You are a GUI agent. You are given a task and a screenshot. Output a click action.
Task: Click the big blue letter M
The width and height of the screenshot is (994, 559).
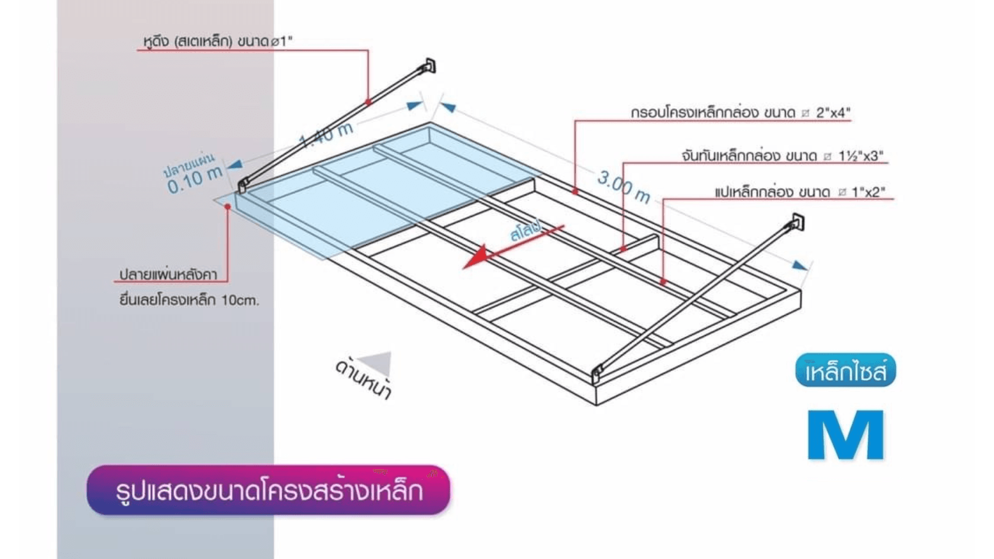[x=846, y=435]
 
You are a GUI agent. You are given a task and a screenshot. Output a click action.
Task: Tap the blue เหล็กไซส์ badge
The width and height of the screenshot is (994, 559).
[x=845, y=370]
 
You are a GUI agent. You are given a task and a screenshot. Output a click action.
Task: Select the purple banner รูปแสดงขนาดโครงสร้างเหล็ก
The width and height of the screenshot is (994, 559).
[x=269, y=490]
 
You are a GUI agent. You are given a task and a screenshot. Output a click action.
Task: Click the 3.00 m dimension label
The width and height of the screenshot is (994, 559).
[x=624, y=187]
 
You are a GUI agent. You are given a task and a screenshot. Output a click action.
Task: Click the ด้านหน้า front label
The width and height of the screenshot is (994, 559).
[x=363, y=380]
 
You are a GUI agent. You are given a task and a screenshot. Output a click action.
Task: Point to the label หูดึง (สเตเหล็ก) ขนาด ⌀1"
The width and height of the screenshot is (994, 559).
[x=218, y=41]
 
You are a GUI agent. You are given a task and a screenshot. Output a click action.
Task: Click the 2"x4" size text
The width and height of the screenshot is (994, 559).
[x=833, y=112]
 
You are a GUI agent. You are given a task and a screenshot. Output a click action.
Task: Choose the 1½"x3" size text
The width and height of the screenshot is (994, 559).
[x=861, y=156]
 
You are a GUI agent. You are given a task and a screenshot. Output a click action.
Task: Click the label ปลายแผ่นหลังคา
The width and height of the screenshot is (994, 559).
[x=168, y=274]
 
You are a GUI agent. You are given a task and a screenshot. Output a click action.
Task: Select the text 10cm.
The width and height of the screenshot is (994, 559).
[x=240, y=300]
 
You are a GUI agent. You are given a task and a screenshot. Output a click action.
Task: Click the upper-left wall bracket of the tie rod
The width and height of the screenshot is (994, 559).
[x=430, y=66]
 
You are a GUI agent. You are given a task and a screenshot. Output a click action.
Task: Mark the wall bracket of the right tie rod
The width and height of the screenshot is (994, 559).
[x=798, y=222]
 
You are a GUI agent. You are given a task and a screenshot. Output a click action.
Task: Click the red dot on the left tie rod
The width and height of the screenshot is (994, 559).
[x=368, y=102]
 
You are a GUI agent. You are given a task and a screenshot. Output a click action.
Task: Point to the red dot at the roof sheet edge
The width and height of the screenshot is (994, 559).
[x=228, y=207]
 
